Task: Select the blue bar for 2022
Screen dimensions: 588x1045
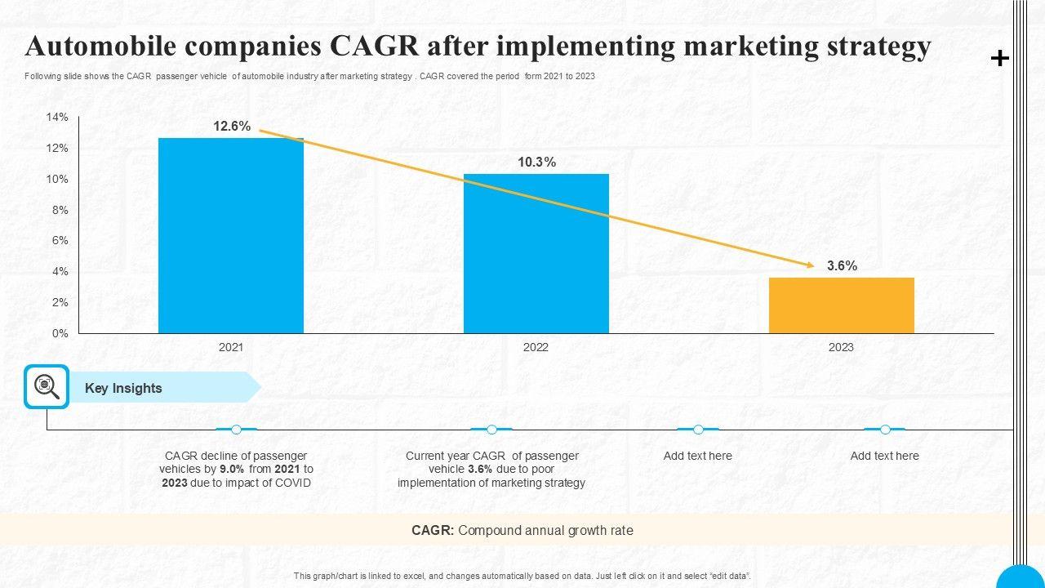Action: point(536,253)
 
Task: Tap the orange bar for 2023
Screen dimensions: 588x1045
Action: point(841,305)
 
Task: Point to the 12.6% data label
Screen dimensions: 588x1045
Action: point(232,127)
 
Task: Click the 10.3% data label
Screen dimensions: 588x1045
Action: point(536,163)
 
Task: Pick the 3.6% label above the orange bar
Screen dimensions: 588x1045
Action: point(842,266)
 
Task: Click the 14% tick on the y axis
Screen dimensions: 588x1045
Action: point(57,118)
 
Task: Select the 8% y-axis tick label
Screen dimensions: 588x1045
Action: point(60,210)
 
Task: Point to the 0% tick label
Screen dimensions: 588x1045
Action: point(60,333)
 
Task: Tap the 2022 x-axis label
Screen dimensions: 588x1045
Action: point(536,347)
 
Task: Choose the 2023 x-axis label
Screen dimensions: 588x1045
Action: point(841,347)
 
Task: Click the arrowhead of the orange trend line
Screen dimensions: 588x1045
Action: point(810,265)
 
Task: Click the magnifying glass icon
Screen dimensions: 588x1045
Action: point(47,386)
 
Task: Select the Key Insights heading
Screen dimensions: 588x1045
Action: point(123,389)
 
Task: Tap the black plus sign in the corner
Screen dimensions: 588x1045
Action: point(999,58)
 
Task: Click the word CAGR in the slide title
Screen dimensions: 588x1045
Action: point(367,47)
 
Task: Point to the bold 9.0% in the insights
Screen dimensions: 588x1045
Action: point(231,470)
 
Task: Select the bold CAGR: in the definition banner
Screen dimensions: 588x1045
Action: point(433,531)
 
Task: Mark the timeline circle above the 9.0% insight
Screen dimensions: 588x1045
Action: point(236,430)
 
